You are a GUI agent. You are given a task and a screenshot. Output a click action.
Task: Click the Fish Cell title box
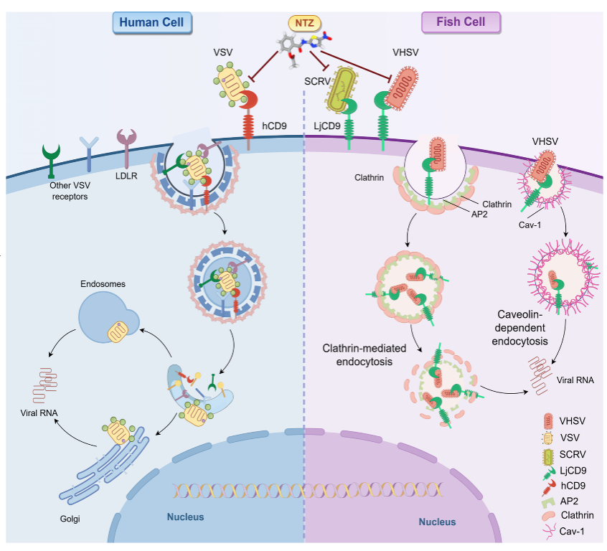460,22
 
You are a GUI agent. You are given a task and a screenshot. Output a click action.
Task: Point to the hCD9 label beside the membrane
275,126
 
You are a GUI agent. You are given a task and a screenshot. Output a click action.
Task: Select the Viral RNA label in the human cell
39,414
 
